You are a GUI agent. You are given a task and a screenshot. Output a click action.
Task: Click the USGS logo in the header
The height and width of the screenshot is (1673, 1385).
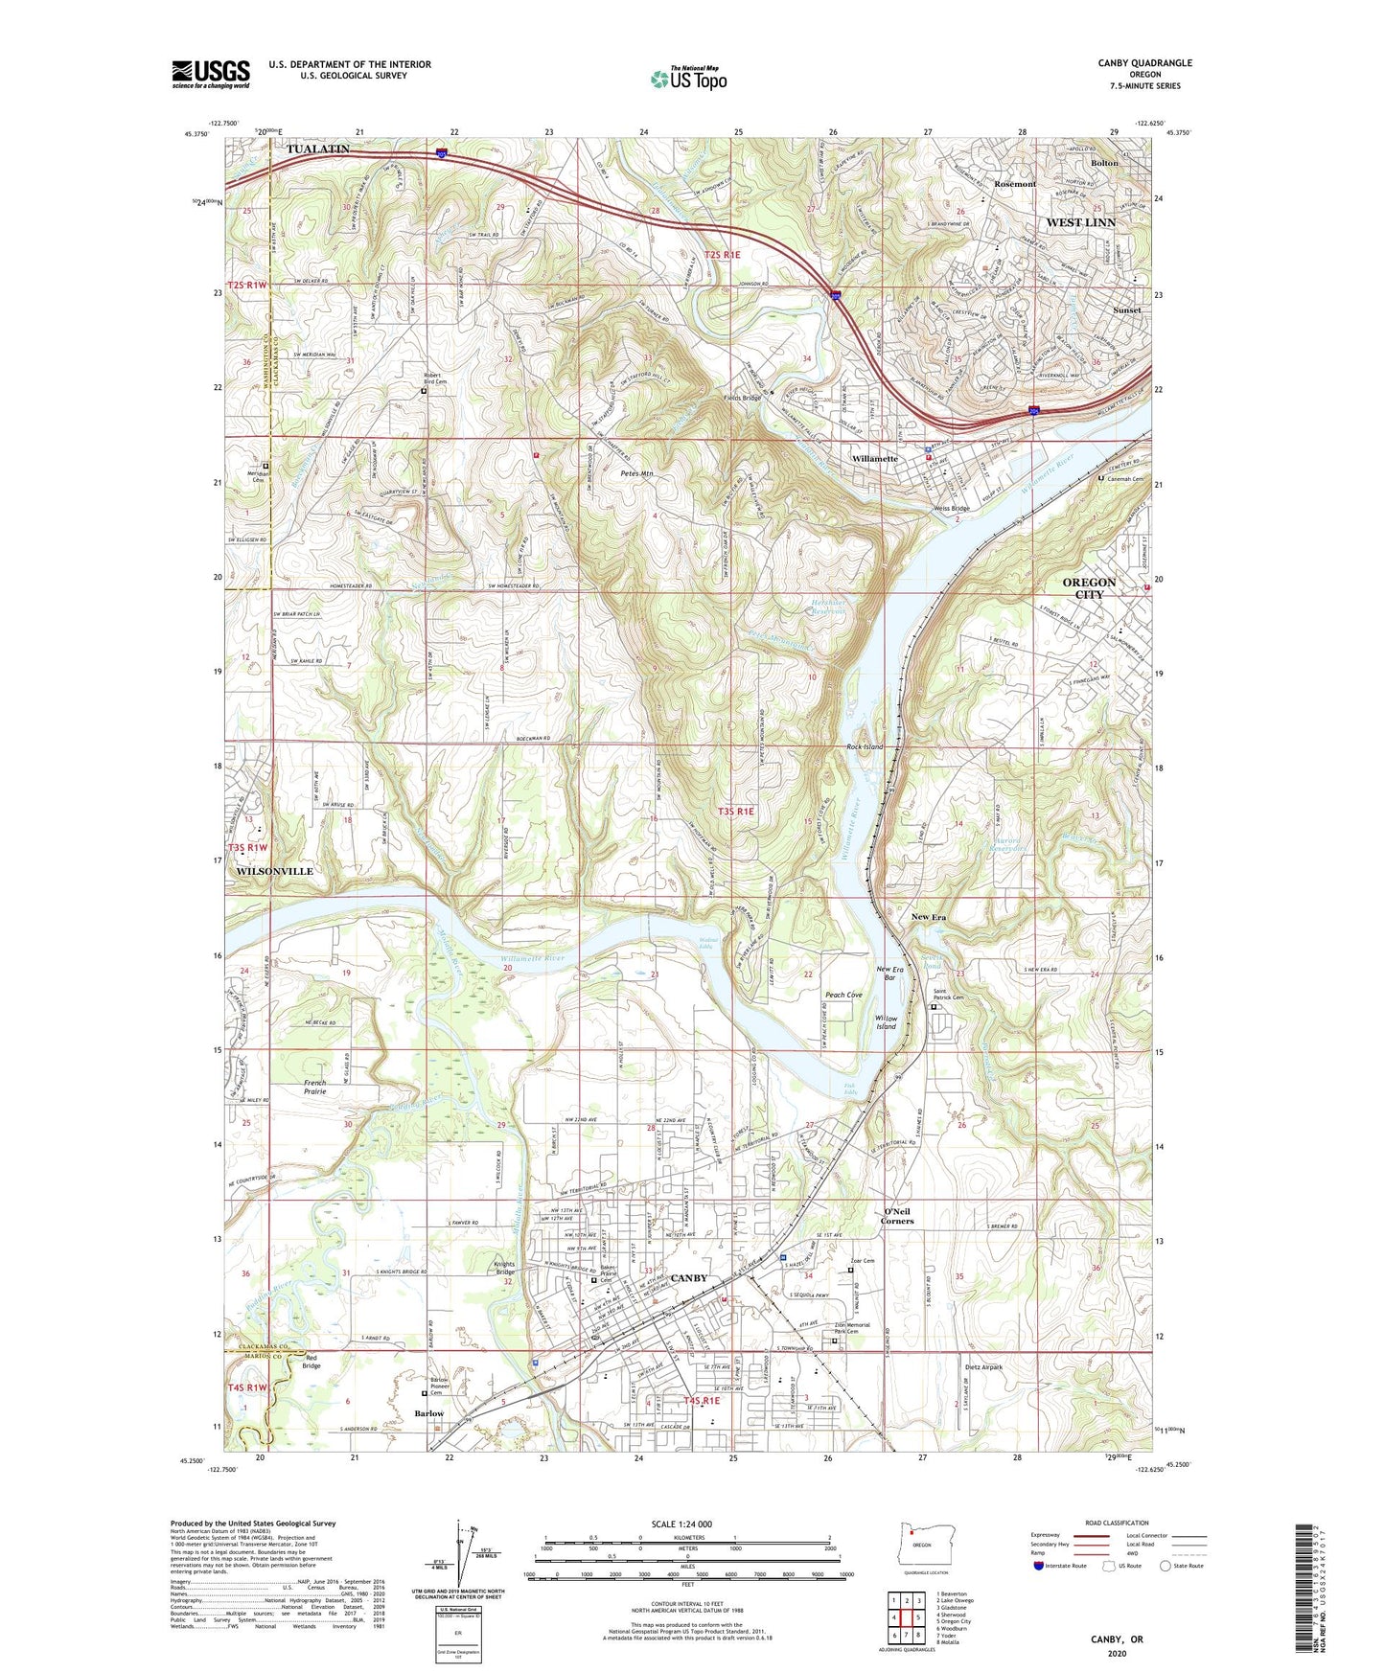[x=211, y=73]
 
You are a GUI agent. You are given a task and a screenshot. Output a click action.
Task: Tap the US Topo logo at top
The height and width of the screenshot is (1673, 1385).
[x=687, y=79]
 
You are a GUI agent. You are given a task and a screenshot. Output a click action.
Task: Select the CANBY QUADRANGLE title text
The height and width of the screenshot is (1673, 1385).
[x=1144, y=63]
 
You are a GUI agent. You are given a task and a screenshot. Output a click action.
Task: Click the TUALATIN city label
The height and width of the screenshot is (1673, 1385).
[x=317, y=149]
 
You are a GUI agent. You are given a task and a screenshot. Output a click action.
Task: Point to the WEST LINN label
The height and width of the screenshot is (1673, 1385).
[x=1080, y=222]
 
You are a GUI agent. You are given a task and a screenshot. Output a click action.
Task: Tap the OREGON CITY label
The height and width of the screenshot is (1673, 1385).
[x=1089, y=587]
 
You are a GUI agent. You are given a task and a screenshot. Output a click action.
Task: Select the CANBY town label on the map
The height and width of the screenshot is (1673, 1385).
[x=688, y=1278]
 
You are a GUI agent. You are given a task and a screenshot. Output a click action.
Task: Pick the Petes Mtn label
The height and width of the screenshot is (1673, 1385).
[x=636, y=473]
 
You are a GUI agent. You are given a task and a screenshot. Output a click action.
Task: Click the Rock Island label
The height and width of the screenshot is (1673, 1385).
[x=864, y=746]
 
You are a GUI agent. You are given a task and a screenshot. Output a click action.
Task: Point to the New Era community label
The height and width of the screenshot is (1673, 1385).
[x=928, y=917]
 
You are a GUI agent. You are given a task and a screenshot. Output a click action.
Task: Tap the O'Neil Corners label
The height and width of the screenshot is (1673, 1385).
[x=897, y=1216]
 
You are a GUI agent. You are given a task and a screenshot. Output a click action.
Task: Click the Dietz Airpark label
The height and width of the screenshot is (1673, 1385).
[x=983, y=1367]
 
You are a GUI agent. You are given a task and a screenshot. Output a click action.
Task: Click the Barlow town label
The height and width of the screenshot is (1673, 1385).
[x=428, y=1413]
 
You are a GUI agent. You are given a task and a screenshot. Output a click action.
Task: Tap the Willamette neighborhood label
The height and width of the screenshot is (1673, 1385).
[x=874, y=459]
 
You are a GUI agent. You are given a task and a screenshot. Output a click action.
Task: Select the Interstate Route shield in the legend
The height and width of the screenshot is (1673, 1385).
[x=1040, y=1566]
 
